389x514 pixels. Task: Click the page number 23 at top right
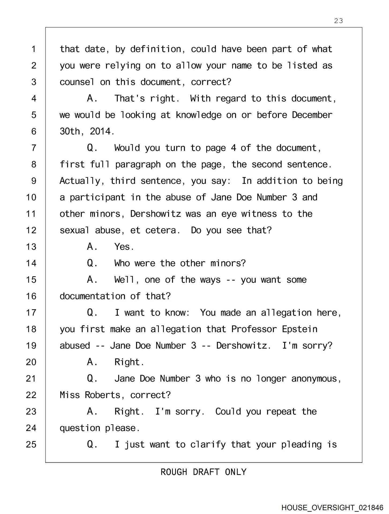pos(338,21)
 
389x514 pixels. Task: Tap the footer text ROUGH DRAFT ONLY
pos(203,472)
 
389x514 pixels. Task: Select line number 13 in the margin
pos(31,247)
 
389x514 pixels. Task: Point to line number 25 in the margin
pos(31,444)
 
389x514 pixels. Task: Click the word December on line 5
pos(312,115)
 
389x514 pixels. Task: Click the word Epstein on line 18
pos(300,329)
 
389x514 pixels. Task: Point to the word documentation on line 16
pos(92,296)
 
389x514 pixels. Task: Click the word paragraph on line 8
pos(138,164)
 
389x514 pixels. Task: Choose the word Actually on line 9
pos(80,181)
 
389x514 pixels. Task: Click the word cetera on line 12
pos(161,230)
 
